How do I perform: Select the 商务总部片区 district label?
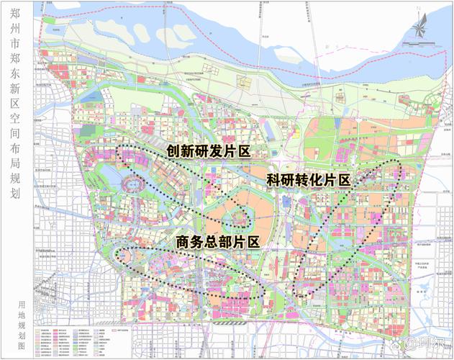[217, 243]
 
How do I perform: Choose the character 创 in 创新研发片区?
[173, 151]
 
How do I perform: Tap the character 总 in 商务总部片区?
[217, 243]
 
